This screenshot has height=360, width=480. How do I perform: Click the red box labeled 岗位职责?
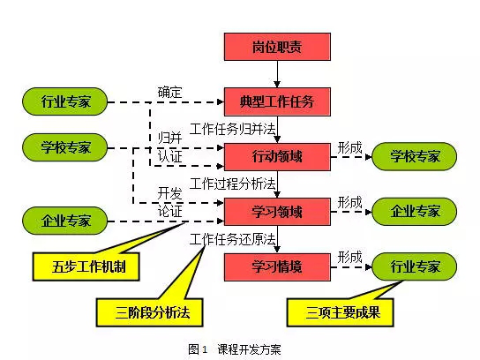277,47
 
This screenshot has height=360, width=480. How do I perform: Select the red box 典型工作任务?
277,102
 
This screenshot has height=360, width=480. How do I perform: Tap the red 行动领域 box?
277,157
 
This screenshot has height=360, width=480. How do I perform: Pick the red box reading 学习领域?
277,212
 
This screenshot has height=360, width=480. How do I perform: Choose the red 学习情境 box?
277,267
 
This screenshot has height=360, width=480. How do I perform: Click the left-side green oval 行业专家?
65,101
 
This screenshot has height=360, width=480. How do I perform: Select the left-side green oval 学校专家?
65,147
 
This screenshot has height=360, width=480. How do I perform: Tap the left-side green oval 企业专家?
65,221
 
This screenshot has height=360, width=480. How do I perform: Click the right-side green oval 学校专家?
414,156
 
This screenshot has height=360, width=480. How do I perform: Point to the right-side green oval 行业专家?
414,266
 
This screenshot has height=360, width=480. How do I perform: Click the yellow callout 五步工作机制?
86,267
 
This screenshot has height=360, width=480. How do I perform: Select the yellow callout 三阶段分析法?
150,312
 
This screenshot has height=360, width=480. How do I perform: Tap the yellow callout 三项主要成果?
340,312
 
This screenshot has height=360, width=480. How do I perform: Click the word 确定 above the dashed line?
170,93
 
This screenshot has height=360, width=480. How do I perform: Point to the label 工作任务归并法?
233,129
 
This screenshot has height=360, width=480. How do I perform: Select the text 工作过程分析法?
233,184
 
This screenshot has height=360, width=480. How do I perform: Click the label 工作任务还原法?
233,239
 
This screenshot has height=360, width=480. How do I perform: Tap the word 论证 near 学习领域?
170,212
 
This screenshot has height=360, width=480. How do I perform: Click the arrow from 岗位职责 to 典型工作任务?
277,74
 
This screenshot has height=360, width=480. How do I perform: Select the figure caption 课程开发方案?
249,349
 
